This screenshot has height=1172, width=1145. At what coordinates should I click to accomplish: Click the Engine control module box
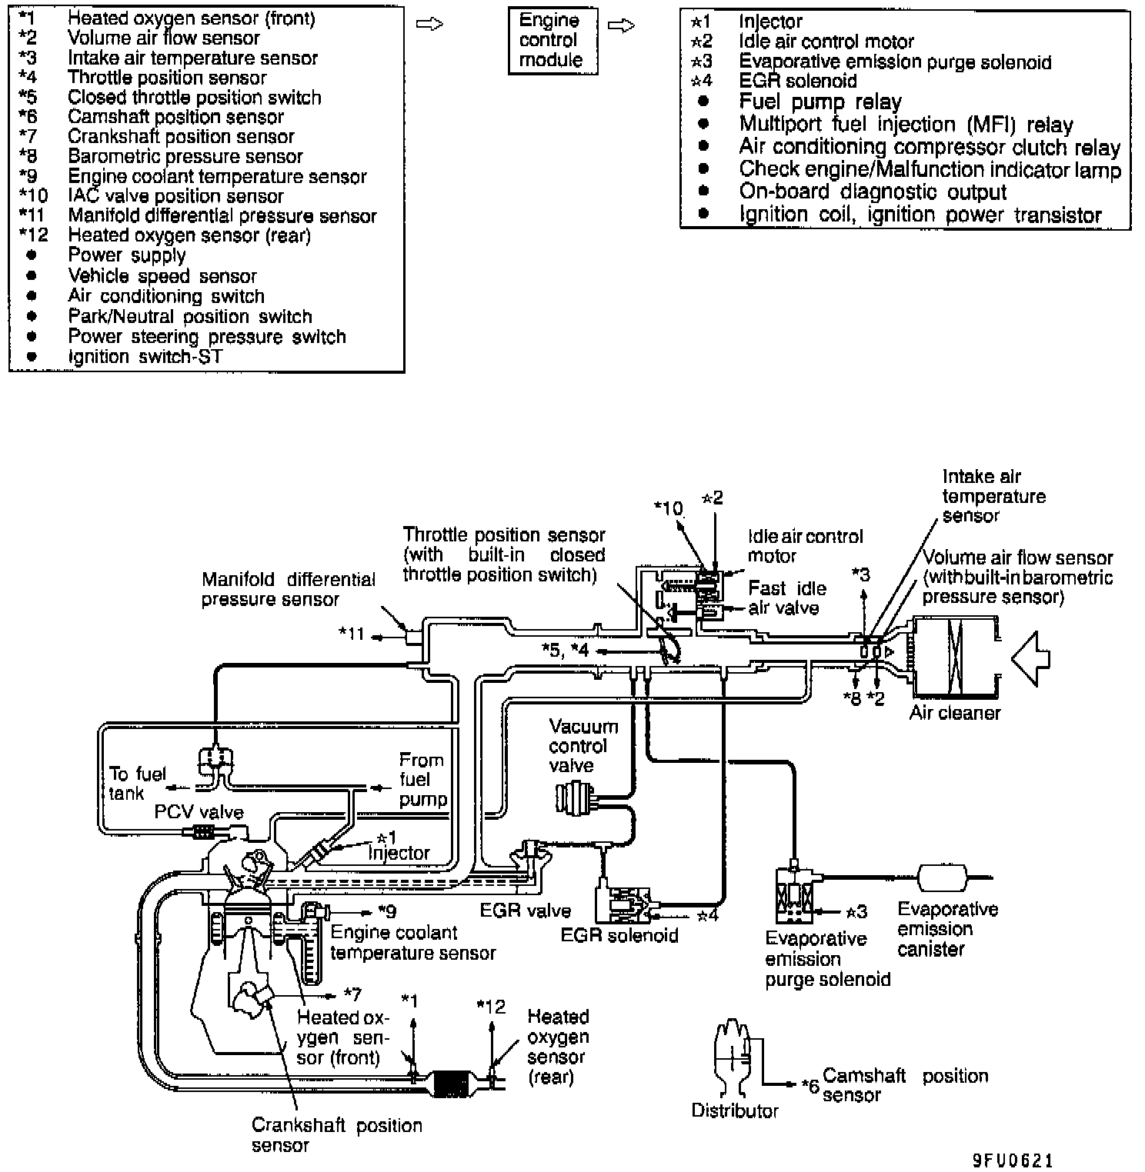552,41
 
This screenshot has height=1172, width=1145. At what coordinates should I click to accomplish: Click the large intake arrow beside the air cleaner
1030,658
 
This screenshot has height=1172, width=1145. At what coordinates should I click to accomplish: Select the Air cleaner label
954,713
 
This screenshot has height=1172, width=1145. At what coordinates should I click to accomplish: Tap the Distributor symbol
732,1058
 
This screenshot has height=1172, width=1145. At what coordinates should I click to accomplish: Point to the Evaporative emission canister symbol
942,877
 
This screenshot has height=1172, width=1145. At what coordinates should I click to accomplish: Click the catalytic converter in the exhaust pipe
452,1084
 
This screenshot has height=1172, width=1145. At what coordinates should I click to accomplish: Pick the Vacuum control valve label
583,746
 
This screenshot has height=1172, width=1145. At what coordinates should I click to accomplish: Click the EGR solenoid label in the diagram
619,935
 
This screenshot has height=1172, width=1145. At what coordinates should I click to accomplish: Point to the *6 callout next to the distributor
810,1086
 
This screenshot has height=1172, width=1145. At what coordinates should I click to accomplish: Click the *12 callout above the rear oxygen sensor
491,1007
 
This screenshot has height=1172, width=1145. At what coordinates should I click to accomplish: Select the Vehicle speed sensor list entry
162,276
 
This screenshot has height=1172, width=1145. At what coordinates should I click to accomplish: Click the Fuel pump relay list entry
820,102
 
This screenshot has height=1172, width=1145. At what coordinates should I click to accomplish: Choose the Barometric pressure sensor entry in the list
185,157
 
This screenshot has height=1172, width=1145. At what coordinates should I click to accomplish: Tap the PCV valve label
199,812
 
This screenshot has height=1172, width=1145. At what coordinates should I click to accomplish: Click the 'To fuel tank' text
136,783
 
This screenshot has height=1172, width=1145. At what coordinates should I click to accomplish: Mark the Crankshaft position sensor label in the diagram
336,1135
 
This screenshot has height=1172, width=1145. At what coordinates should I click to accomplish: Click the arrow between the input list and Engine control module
429,25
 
